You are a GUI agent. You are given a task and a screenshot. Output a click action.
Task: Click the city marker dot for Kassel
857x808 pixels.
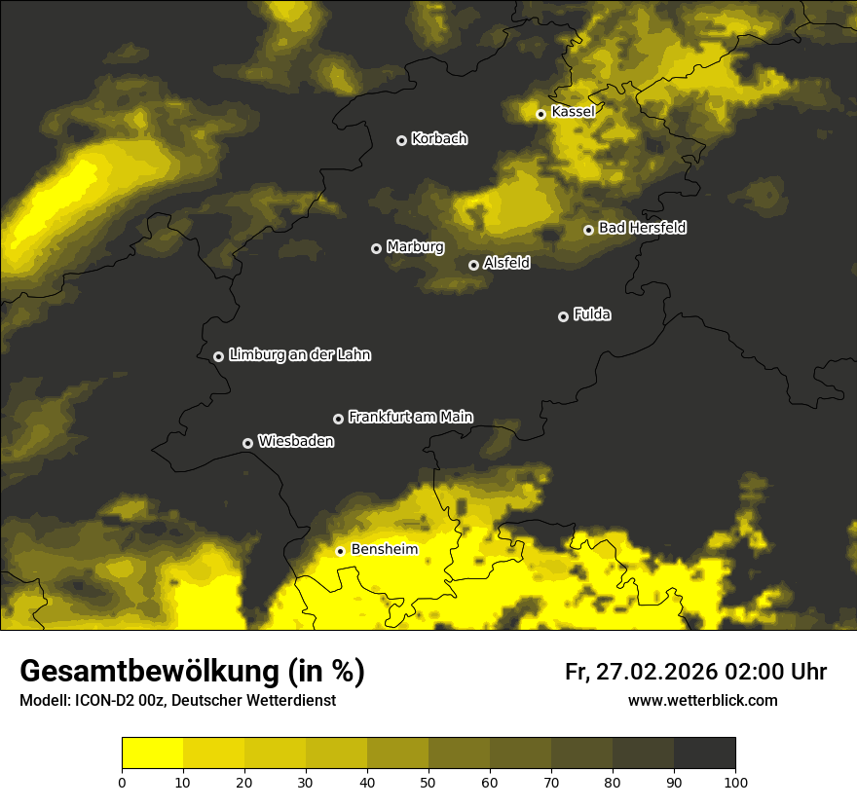pyautogui.click(x=540, y=114)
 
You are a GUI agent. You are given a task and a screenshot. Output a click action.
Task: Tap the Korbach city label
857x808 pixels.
pyautogui.click(x=439, y=138)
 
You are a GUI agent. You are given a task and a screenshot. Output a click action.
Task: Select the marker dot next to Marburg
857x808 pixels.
pyautogui.click(x=376, y=248)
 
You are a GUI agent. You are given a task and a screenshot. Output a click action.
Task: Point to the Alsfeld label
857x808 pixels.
pyautogui.click(x=506, y=263)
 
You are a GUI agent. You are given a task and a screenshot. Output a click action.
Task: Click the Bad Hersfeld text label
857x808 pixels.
pyautogui.click(x=642, y=228)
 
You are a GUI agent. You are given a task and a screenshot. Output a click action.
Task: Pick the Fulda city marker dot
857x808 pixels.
pyautogui.click(x=563, y=316)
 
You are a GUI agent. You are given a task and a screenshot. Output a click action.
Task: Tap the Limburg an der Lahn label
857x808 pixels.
pyautogui.click(x=299, y=355)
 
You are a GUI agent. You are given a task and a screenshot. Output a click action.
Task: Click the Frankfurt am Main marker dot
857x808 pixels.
pyautogui.click(x=338, y=419)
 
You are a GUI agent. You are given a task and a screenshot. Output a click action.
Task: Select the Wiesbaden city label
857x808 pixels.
pyautogui.click(x=295, y=441)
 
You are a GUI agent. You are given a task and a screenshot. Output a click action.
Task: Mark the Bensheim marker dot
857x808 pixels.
pyautogui.click(x=340, y=551)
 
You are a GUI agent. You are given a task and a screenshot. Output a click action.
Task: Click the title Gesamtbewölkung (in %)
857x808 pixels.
pyautogui.click(x=192, y=672)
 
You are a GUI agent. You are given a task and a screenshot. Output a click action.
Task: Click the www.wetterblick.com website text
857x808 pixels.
pyautogui.click(x=702, y=700)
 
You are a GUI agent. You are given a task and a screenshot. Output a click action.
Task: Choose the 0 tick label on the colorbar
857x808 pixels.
pyautogui.click(x=122, y=782)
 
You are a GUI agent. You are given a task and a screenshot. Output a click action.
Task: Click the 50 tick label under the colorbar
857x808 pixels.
pyautogui.click(x=428, y=782)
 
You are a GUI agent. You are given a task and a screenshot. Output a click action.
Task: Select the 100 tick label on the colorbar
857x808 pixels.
pyautogui.click(x=735, y=782)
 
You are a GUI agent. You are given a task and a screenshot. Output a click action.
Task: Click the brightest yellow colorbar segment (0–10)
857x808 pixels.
pyautogui.click(x=152, y=753)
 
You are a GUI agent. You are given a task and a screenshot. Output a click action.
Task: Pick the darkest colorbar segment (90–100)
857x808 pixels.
pyautogui.click(x=704, y=753)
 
